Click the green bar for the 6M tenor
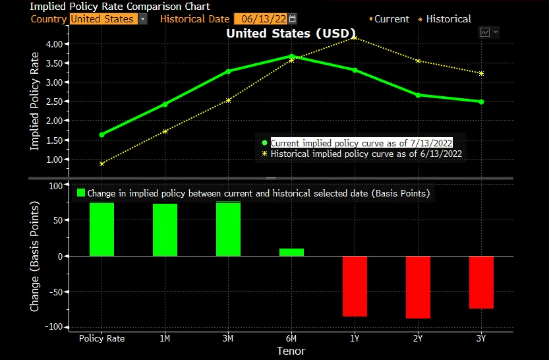291,252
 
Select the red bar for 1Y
355,286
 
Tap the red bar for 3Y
481,282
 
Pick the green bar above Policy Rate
101,229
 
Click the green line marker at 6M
291,57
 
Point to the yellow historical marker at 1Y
355,38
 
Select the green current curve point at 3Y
481,102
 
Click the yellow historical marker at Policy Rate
101,164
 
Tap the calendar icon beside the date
293,19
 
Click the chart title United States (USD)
291,33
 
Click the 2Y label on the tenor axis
418,338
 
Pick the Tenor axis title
291,351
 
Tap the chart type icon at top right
486,32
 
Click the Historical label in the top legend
448,19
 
